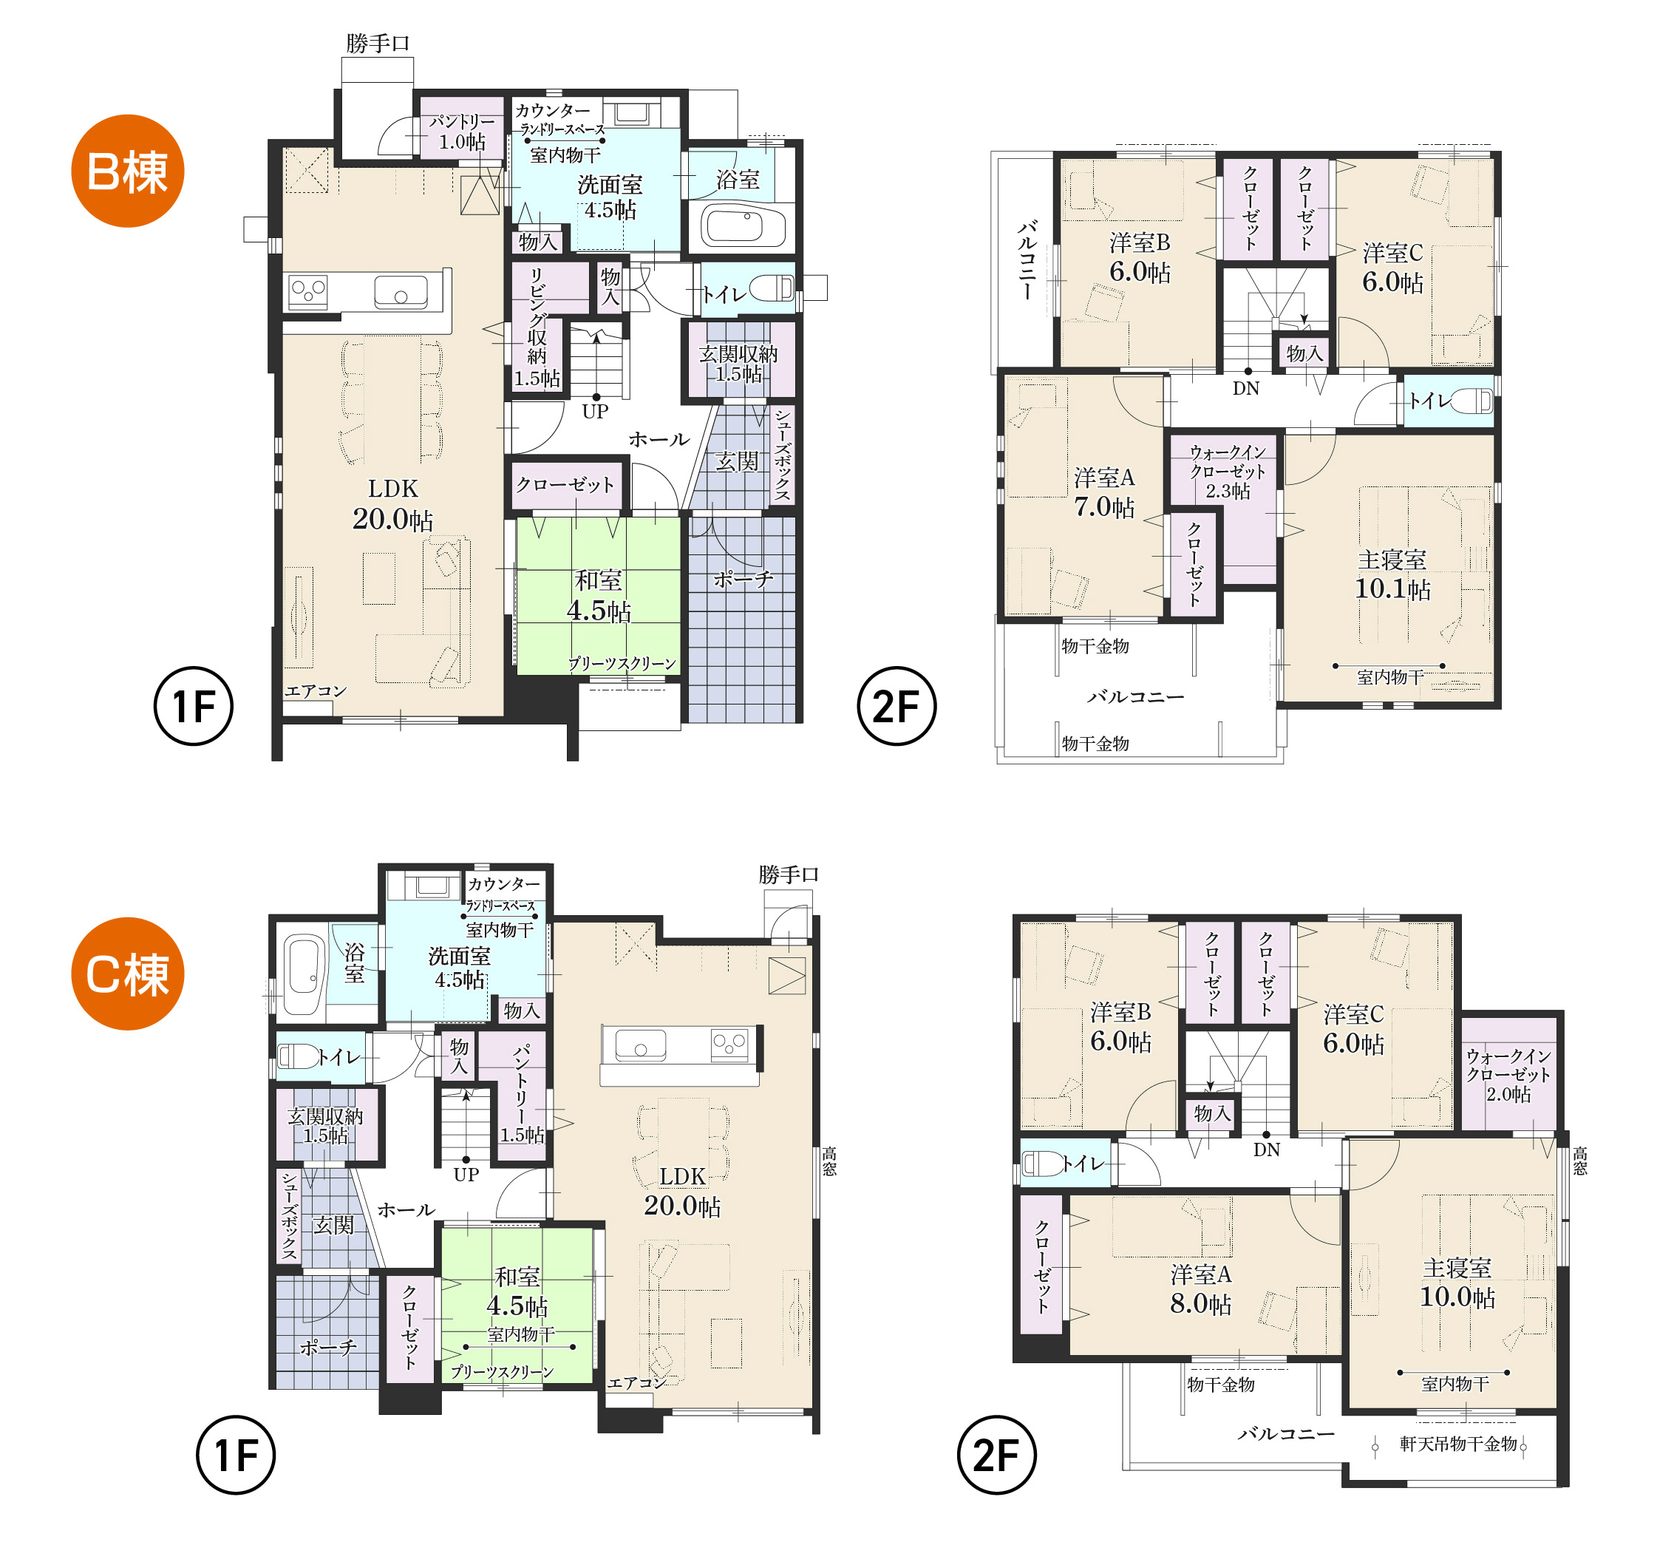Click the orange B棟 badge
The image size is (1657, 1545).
(x=128, y=171)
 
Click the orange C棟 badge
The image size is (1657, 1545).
(x=128, y=974)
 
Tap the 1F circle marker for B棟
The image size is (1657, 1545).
(x=194, y=706)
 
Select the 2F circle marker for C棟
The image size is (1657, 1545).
(x=997, y=1455)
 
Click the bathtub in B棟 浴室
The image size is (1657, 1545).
(x=743, y=226)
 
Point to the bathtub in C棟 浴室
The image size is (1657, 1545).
(x=304, y=973)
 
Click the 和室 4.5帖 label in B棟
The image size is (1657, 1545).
(x=599, y=596)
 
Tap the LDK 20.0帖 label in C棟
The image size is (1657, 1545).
(x=682, y=1192)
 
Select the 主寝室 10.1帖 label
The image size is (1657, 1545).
(x=1392, y=574)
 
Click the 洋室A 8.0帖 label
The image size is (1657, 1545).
(x=1200, y=1289)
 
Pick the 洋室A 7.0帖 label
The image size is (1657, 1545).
(x=1104, y=492)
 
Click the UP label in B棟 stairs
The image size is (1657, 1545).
(x=595, y=411)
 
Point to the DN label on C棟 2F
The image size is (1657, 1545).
(x=1266, y=1150)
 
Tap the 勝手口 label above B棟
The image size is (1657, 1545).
(x=378, y=44)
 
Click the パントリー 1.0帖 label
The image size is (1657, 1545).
(x=462, y=132)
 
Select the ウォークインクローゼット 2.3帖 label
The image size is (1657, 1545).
(x=1228, y=472)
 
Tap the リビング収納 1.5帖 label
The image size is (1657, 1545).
(x=537, y=327)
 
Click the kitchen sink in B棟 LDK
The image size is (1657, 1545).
(x=401, y=292)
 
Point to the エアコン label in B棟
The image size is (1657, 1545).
(x=315, y=690)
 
